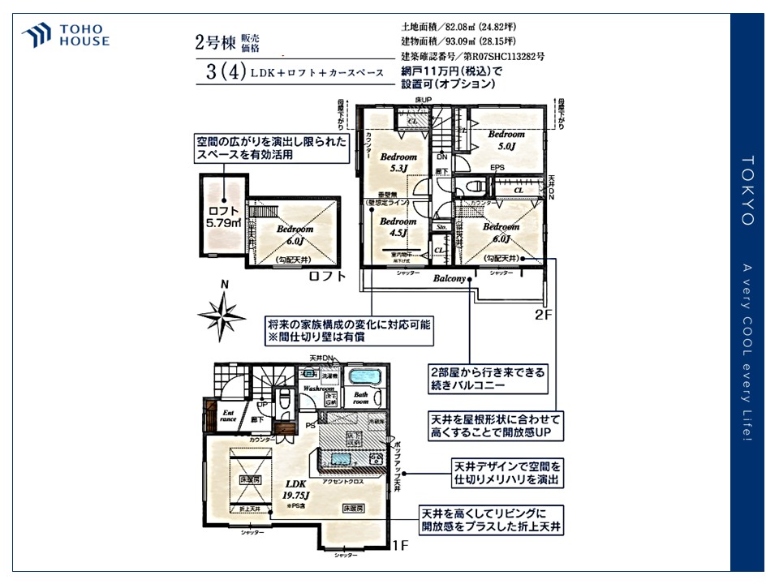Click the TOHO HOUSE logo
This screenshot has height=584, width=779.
coord(66,36)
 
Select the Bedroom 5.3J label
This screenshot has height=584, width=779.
coord(398,162)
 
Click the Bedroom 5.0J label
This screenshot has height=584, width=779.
coord(506,140)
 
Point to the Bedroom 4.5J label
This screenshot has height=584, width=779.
coord(398,227)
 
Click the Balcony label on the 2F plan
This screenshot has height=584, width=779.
coord(450,278)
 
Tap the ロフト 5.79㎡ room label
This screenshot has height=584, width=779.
coord(223,216)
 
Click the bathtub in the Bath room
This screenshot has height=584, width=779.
coord(360,377)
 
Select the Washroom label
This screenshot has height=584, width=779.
coord(320,389)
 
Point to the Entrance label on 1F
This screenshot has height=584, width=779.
coord(229,415)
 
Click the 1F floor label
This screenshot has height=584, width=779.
coord(398,545)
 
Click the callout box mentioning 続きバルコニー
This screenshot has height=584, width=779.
coord(488,380)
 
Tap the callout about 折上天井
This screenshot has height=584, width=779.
coord(492,520)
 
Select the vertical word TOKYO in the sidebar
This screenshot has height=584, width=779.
coord(747,191)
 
